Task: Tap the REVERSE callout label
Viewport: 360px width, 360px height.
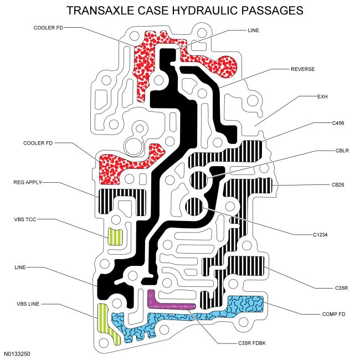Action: tap(302, 70)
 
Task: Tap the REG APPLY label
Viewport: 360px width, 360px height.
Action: tap(28, 182)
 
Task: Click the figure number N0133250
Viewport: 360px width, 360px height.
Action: tap(18, 352)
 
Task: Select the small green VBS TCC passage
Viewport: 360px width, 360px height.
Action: tap(115, 237)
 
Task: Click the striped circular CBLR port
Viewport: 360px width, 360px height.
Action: tap(198, 179)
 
